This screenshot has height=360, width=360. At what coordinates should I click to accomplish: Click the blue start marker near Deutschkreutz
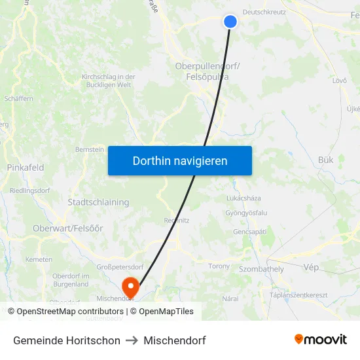(x=230, y=22)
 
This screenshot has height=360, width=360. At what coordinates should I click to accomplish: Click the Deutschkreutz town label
(x=264, y=12)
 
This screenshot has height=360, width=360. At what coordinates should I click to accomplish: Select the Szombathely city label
(x=262, y=269)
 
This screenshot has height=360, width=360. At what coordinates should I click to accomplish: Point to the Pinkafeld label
(x=26, y=168)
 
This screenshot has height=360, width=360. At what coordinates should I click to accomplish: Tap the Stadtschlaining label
(x=98, y=202)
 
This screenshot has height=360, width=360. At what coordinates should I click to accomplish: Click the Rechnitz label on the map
(x=177, y=221)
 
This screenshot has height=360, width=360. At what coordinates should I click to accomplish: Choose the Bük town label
(x=325, y=160)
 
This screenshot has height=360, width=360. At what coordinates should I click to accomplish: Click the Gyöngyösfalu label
(x=246, y=213)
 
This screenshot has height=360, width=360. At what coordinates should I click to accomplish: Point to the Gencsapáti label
(x=249, y=232)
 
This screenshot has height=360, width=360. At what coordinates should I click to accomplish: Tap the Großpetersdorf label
(x=120, y=267)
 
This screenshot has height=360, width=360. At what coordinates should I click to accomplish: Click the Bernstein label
(x=90, y=150)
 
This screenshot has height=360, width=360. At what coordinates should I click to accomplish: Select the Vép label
(x=311, y=268)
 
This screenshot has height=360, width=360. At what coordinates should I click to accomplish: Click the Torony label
(x=219, y=266)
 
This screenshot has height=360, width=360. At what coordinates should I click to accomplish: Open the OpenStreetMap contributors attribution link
(x=70, y=312)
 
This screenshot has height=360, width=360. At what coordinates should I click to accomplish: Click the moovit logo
(x=321, y=340)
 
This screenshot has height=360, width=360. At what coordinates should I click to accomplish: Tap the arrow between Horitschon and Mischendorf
(x=132, y=340)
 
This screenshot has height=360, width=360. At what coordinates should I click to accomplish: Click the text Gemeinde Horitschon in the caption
(x=67, y=340)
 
